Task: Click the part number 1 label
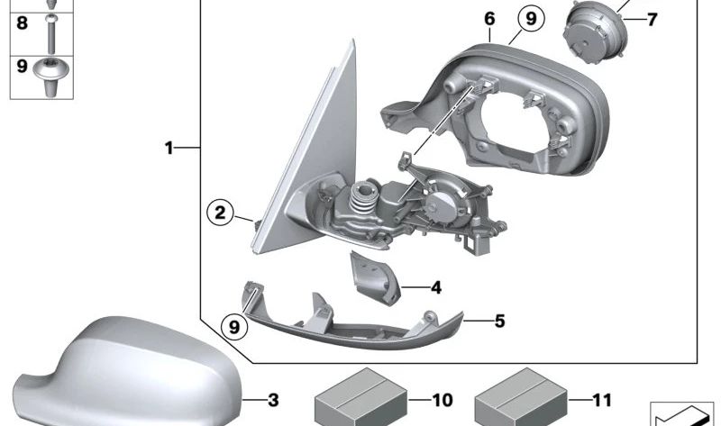pos(169,147)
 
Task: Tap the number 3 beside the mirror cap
pos(273,399)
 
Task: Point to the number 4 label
pos(436,288)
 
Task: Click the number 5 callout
pos(500,320)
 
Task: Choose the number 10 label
pos(443,399)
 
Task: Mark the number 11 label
pos(602,399)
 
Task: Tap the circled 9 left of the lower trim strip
pos(234,325)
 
